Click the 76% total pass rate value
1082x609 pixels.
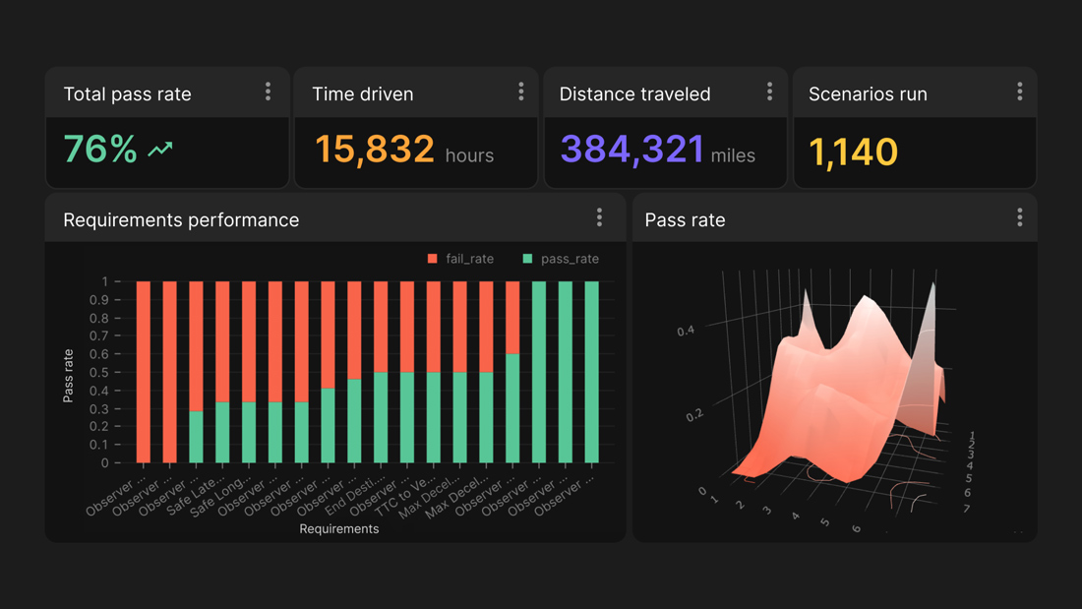tap(99, 150)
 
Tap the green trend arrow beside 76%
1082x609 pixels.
tap(160, 150)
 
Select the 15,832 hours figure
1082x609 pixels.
tap(375, 150)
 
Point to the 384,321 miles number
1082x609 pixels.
tap(631, 150)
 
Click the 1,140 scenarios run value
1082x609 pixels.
tap(853, 152)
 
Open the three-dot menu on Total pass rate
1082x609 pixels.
tap(268, 91)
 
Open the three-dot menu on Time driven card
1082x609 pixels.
tap(521, 91)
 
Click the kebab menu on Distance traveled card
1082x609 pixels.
tap(770, 91)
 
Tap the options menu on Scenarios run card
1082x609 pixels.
tap(1020, 91)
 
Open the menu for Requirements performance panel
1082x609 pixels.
tap(599, 217)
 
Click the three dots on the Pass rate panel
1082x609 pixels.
tap(1020, 217)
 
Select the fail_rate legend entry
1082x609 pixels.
tap(460, 259)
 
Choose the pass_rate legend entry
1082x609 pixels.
tap(560, 259)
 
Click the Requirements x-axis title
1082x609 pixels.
tap(339, 528)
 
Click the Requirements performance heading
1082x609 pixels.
tap(181, 219)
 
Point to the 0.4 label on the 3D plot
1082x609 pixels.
tap(686, 331)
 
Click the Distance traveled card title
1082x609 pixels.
tap(634, 94)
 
